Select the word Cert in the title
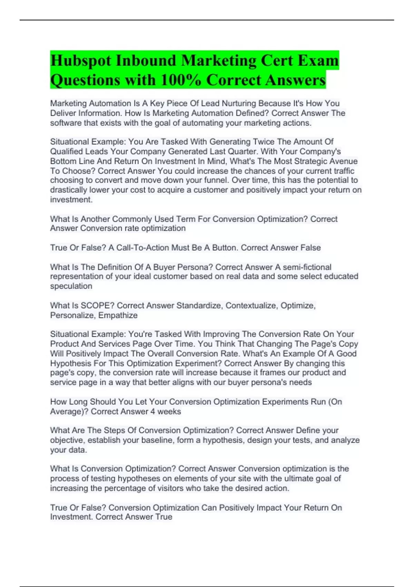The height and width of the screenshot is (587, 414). coord(276,61)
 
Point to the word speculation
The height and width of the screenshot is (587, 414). coord(71,286)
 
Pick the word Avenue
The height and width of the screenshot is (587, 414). coord(341,161)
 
